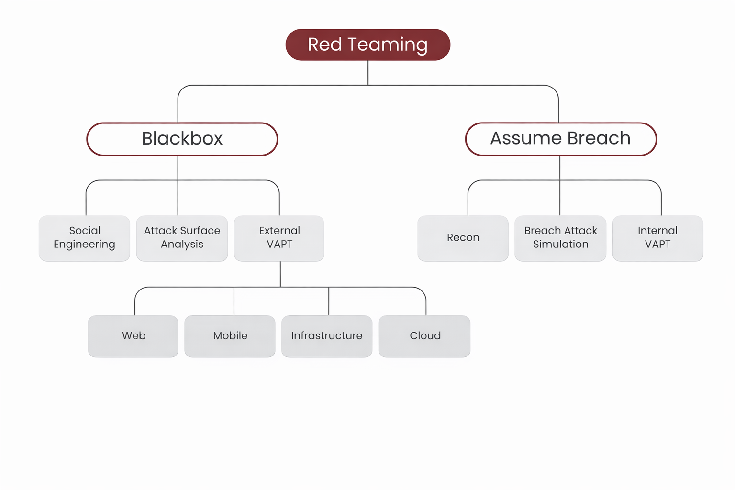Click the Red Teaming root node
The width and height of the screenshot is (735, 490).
pyautogui.click(x=367, y=45)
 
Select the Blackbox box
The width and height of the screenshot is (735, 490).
pyautogui.click(x=182, y=139)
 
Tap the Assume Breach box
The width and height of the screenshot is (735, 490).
pyautogui.click(x=560, y=139)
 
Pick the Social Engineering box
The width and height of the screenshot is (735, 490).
pyautogui.click(x=84, y=238)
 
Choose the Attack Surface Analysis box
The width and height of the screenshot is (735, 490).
pyautogui.click(x=182, y=238)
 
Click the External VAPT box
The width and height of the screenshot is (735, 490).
pyautogui.click(x=279, y=238)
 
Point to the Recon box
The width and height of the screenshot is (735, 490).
pyautogui.click(x=463, y=238)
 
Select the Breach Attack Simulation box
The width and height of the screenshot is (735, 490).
pyautogui.click(x=560, y=238)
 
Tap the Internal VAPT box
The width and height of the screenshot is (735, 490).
pyautogui.click(x=657, y=238)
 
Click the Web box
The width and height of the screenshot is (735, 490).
pyautogui.click(x=133, y=336)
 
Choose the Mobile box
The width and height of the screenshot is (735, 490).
pyautogui.click(x=230, y=336)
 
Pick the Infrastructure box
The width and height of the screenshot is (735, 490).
pyautogui.click(x=327, y=336)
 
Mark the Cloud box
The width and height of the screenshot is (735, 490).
pyautogui.click(x=424, y=336)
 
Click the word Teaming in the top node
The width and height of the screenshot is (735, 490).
pyautogui.click(x=388, y=45)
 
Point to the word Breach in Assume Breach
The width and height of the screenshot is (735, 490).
pyautogui.click(x=599, y=138)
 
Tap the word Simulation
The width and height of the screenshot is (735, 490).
pyautogui.click(x=561, y=245)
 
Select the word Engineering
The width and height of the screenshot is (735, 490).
pyautogui.click(x=84, y=245)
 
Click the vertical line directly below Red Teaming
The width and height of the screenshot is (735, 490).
pyautogui.click(x=368, y=73)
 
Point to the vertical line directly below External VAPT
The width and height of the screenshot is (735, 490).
pyautogui.click(x=280, y=274)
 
